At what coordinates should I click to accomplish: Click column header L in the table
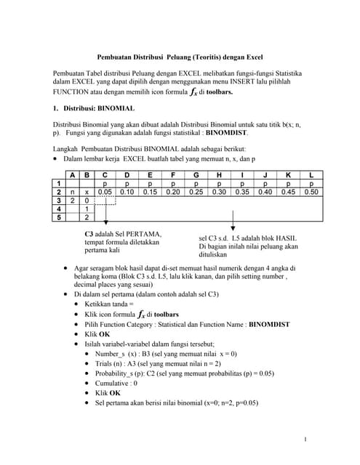(311, 174)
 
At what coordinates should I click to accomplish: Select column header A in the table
(73, 174)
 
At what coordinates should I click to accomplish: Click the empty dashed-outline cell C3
(105, 200)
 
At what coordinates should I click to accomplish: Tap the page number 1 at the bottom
(306, 438)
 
